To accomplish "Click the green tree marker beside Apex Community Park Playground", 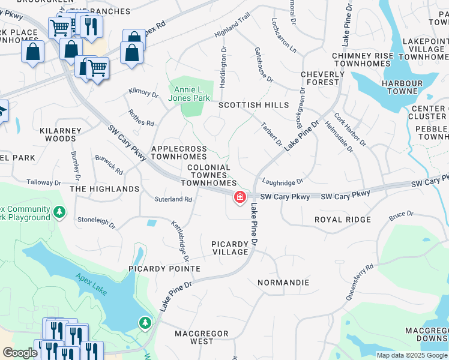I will point(59,212).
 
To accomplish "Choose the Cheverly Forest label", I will point(323,79).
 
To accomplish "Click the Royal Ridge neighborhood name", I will point(342,220).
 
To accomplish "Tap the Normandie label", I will point(283,282).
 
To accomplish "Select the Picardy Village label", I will point(230,248).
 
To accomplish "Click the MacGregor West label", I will point(201,337).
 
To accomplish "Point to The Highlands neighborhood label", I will point(104,189).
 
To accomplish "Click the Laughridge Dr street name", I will point(283,181).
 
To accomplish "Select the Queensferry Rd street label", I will point(360,282).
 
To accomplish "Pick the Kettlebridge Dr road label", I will point(181,241).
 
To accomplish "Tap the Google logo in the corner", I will point(20,353).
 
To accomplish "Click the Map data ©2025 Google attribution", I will point(412,355).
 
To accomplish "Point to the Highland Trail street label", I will point(232,35).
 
